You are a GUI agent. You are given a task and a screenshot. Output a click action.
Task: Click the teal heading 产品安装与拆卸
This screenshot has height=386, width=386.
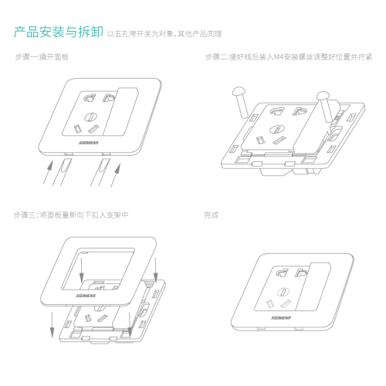pos(59,32)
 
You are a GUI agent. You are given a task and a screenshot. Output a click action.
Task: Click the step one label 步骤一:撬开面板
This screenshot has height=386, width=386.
pos(42,56)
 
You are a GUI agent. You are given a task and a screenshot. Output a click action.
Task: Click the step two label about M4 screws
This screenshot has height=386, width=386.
pos(289,56)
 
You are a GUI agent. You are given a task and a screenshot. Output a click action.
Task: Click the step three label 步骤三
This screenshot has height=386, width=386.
pos(71,215)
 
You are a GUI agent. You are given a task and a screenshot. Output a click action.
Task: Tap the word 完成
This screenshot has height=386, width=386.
pos(212,215)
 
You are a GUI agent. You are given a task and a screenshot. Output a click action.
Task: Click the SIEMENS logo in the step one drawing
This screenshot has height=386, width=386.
pos(89,143)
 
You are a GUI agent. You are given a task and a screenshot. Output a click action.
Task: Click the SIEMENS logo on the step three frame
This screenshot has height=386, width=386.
pos(86,296)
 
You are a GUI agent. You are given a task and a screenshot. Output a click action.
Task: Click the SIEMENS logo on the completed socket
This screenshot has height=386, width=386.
pos(281,318)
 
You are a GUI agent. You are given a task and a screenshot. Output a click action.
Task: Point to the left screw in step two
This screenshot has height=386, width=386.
pos(241,102)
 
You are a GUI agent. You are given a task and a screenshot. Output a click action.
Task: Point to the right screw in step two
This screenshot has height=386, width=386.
pos(324,107)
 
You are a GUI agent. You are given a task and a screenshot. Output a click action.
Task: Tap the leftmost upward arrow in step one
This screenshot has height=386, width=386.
pos(48,172)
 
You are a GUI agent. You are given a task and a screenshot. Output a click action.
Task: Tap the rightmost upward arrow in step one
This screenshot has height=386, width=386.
pos(116,175)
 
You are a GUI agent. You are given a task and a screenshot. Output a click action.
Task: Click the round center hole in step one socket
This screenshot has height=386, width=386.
pos(91,117)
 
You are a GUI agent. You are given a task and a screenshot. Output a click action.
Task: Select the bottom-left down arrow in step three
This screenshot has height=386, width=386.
pos(52,325)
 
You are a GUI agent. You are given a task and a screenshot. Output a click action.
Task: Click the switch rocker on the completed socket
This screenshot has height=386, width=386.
pos(313,286)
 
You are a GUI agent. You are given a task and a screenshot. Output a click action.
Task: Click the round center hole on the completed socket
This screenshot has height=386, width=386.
pos(283,292)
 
